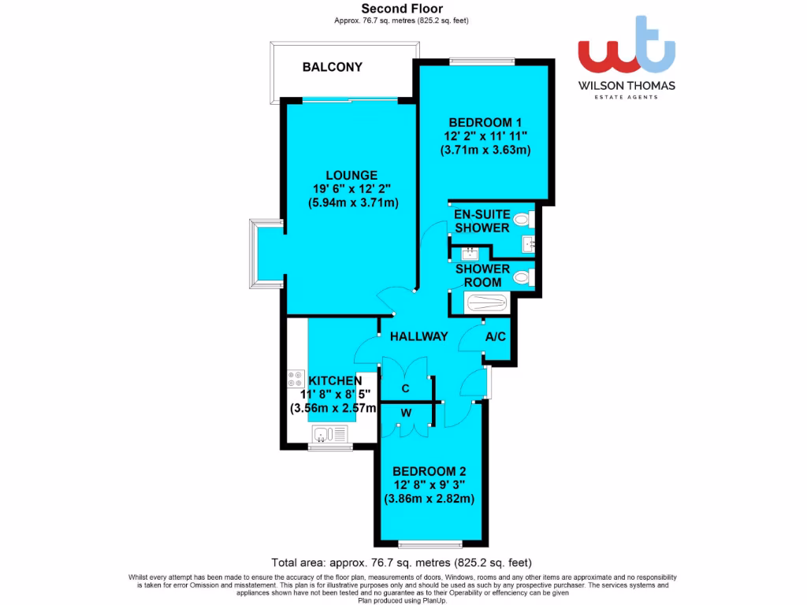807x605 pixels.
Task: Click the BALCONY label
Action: (333, 67)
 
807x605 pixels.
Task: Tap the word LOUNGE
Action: (352, 175)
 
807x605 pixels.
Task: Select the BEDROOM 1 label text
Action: (485, 122)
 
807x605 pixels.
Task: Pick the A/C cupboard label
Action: (496, 336)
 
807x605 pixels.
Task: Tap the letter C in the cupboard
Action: (405, 388)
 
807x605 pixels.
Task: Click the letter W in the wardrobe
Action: (405, 412)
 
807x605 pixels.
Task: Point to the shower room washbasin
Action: (470, 254)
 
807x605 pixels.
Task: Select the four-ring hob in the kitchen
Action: (296, 380)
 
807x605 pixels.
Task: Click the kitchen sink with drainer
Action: (329, 434)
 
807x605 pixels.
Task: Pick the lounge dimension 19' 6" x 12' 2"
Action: (352, 189)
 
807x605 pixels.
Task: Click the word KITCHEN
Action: (336, 380)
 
